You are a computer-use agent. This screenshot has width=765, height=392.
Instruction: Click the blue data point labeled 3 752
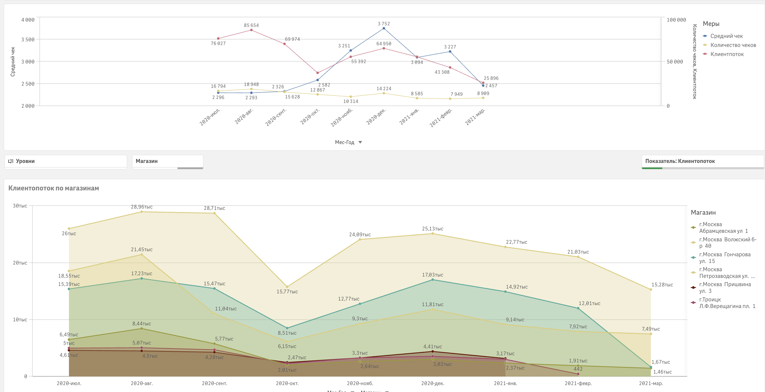pyautogui.click(x=384, y=29)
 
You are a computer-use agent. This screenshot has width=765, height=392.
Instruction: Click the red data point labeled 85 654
pyautogui.click(x=251, y=30)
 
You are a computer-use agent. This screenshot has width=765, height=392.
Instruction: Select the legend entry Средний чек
pyautogui.click(x=726, y=36)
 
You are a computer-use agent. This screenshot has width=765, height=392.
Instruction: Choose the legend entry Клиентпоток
pyautogui.click(x=727, y=54)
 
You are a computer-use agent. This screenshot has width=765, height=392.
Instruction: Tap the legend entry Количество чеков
pyautogui.click(x=733, y=45)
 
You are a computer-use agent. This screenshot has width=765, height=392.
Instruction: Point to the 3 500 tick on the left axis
pyautogui.click(x=28, y=39)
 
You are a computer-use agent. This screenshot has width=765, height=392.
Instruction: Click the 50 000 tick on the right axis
pyautogui.click(x=675, y=62)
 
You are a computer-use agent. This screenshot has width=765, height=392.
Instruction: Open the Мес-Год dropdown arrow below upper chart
pyautogui.click(x=360, y=142)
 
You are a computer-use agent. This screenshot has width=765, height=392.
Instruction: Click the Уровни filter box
pyautogui.click(x=66, y=161)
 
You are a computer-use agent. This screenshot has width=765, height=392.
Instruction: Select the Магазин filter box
pyautogui.click(x=167, y=161)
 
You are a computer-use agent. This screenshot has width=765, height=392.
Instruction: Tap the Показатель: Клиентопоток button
pyautogui.click(x=702, y=161)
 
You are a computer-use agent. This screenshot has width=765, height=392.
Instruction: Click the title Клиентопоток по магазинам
pyautogui.click(x=54, y=188)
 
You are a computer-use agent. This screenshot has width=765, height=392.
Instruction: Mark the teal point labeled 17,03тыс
pyautogui.click(x=432, y=279)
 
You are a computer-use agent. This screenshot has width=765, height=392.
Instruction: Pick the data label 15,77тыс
pyautogui.click(x=287, y=291)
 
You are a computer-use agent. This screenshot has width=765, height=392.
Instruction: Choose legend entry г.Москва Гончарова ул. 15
pyautogui.click(x=724, y=258)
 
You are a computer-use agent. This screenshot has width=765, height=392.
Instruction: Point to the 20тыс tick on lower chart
pyautogui.click(x=20, y=263)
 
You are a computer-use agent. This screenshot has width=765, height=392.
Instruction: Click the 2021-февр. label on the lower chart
pyautogui.click(x=578, y=383)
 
